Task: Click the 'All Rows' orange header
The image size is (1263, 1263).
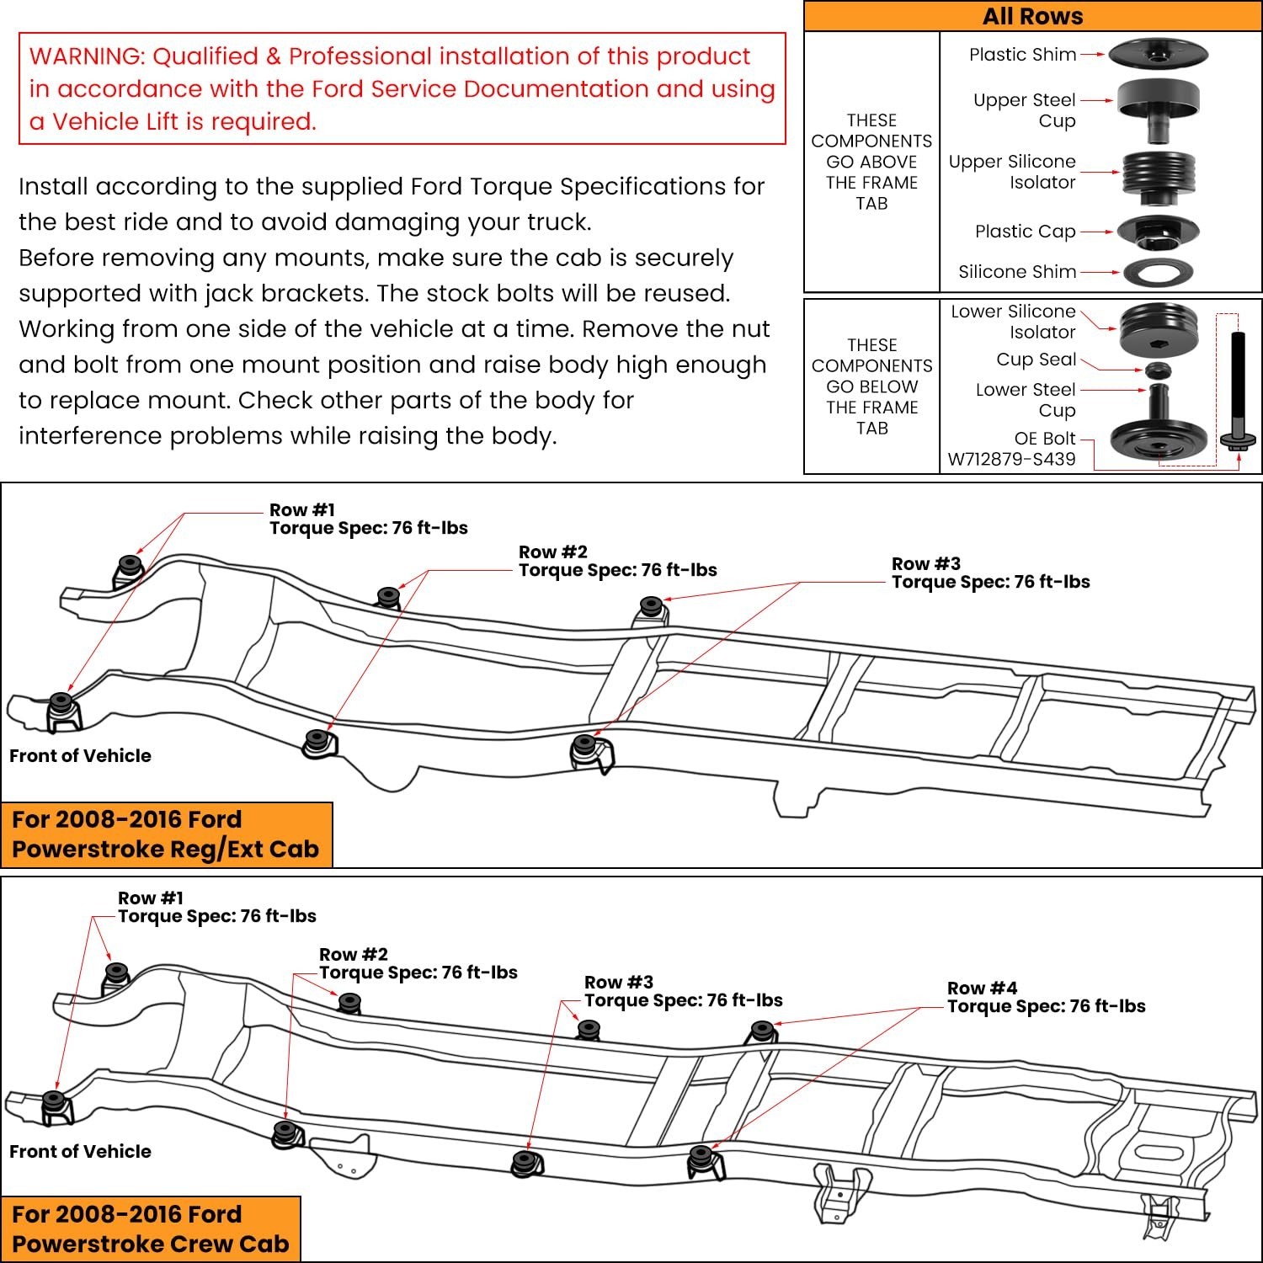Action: (1032, 17)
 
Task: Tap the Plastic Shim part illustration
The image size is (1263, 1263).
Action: (1153, 54)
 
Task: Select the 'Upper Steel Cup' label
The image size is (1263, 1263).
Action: (1024, 110)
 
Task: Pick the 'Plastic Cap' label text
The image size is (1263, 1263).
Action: (1025, 232)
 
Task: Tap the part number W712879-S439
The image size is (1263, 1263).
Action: (1011, 460)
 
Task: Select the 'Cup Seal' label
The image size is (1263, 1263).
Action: (1036, 360)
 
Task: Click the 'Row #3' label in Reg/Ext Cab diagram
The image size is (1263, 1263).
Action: (925, 563)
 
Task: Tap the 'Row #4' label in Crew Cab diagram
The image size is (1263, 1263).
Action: (982, 988)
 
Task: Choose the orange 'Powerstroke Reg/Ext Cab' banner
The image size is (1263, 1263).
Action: (166, 834)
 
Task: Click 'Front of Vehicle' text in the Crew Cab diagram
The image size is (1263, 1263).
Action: (80, 1151)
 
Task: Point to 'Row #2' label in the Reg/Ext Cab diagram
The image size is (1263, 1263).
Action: (552, 552)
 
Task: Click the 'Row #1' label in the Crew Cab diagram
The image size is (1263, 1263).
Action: (150, 898)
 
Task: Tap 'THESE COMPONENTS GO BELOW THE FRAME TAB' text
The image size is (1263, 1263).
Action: (871, 386)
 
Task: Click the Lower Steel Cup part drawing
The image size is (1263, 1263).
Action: (1159, 429)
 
